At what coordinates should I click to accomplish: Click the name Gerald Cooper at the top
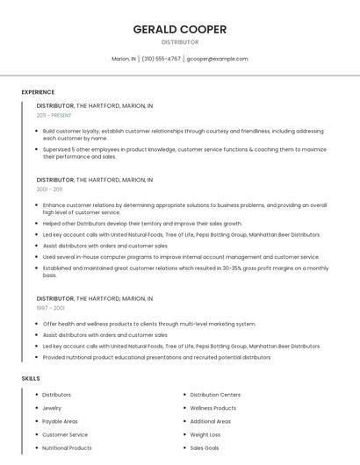pos(179,29)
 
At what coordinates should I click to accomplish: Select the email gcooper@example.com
pos(217,59)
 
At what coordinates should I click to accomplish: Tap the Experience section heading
pos(38,92)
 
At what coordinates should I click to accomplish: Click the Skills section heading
pos(31,378)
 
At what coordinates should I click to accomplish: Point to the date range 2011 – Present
pos(54,115)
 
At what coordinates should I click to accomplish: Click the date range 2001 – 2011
pos(49,189)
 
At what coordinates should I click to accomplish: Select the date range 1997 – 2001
pos(49,308)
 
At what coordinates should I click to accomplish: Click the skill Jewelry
pos(52,408)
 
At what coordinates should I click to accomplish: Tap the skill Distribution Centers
pos(215,395)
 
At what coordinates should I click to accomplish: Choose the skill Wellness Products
pos(212,408)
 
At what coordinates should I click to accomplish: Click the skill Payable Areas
pos(60,421)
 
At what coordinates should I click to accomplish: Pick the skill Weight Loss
pos(205,434)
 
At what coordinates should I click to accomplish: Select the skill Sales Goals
pos(205,447)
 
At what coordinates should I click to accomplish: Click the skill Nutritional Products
pos(67,447)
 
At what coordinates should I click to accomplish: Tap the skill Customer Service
pos(65,434)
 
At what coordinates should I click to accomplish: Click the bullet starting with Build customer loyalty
pos(183,134)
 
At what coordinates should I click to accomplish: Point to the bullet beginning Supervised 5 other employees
pos(184,153)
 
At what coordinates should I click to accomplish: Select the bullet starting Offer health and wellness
pos(149,324)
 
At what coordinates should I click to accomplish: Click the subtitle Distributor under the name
pos(179,42)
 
